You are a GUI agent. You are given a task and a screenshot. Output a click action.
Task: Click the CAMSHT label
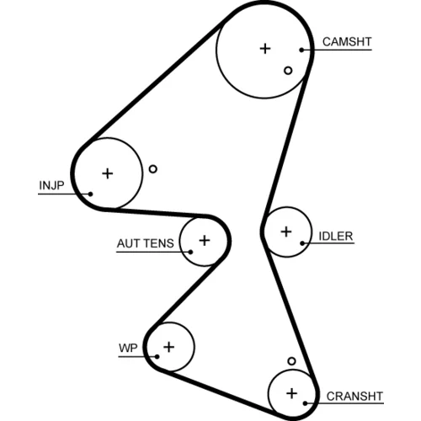coord(347,41)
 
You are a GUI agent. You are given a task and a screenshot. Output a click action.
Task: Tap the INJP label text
coord(51,185)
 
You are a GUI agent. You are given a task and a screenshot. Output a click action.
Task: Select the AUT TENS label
coord(146,243)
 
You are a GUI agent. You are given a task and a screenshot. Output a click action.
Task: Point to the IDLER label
coord(336,237)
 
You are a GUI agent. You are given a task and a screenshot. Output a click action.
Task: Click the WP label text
coord(128,348)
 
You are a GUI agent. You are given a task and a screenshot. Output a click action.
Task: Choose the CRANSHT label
coord(354,397)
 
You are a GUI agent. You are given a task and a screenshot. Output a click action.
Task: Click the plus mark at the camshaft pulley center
coord(265,49)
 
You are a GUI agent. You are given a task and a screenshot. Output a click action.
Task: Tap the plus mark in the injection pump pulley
coord(108,173)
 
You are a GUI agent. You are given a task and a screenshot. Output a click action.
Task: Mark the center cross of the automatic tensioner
coord(205,241)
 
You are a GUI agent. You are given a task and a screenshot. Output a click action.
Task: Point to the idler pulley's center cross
coord(286,232)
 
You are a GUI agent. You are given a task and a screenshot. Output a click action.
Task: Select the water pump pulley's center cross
coord(169,347)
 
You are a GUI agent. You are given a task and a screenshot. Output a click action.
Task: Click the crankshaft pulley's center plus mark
coord(292,393)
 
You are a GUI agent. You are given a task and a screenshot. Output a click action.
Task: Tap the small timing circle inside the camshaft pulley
coord(288,71)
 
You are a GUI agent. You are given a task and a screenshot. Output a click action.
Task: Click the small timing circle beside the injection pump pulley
coord(153,169)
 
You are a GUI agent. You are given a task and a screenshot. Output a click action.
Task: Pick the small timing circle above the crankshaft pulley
coord(292,361)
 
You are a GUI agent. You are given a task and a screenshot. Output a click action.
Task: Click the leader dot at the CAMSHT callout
coord(301,51)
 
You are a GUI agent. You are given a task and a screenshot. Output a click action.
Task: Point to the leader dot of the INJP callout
coord(90,194)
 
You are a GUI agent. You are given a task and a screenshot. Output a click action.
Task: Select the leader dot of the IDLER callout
coord(302,243)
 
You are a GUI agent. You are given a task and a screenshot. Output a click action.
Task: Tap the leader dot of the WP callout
coord(157,357)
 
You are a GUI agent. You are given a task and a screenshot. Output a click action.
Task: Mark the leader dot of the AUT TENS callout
coord(190,252)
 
